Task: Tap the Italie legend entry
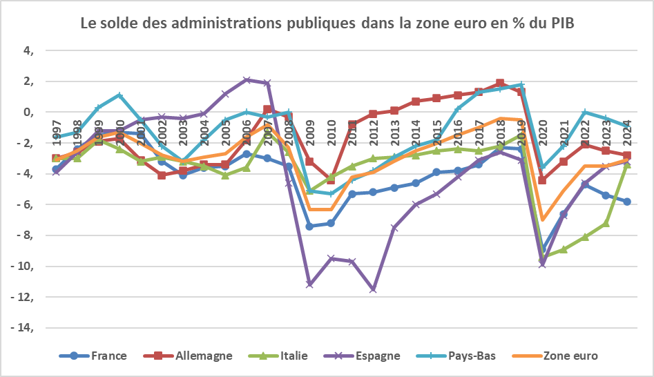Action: [290, 356]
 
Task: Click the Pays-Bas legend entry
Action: [470, 356]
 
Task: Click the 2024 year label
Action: [627, 132]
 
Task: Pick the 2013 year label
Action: [394, 132]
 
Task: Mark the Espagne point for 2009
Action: [310, 284]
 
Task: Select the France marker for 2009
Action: [310, 226]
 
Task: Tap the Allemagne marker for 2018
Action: [500, 83]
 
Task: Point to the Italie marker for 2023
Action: [606, 223]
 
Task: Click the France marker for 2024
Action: [627, 202]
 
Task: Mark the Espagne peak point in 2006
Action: [247, 79]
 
